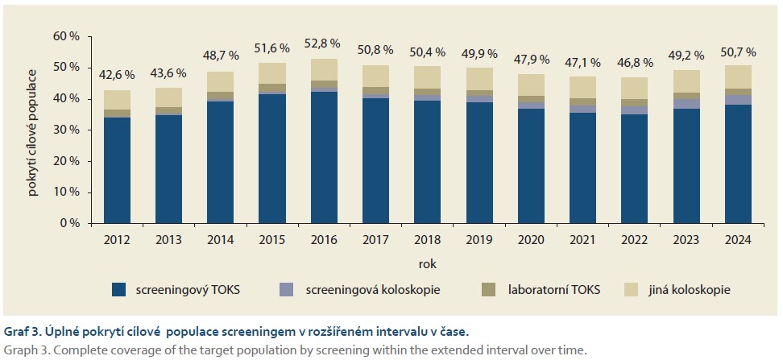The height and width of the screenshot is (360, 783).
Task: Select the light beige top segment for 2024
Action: coord(738,77)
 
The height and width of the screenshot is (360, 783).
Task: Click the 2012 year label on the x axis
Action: coord(117,238)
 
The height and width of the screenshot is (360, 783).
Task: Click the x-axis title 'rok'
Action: coord(427,263)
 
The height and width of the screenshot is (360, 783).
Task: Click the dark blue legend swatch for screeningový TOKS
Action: coord(119,289)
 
